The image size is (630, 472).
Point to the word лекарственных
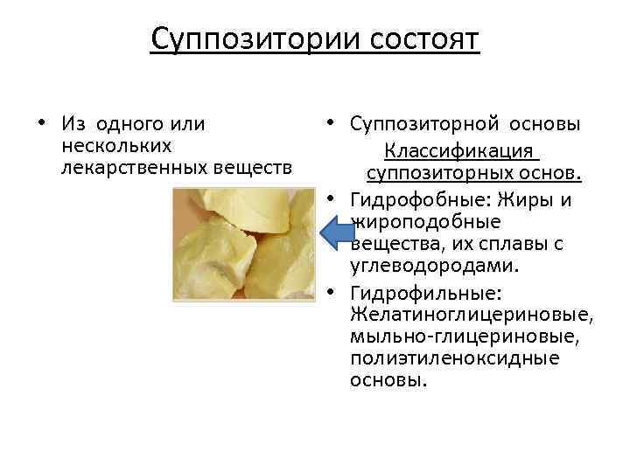coord(132,165)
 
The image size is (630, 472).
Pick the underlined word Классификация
coord(460,151)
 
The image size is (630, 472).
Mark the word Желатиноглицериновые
coord(470,313)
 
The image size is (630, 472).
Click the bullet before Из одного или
coord(41,121)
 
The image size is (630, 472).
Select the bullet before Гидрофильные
coord(337,290)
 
